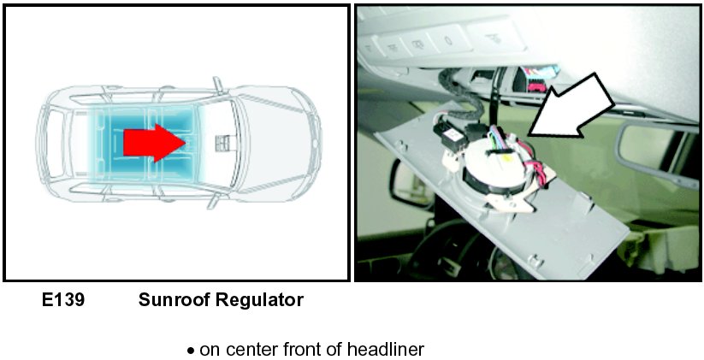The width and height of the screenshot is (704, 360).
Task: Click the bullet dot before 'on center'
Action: pyautogui.click(x=192, y=351)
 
